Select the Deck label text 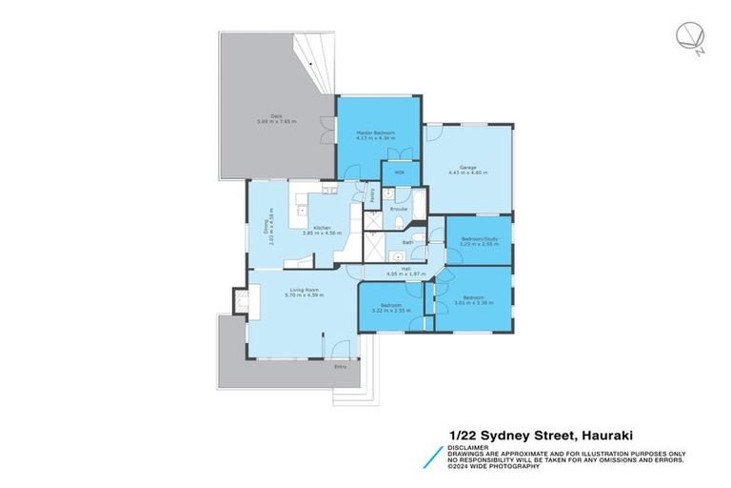(x=276, y=115)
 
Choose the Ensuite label (x=399, y=208)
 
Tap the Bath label (x=407, y=243)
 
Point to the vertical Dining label (x=267, y=229)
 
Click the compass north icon (x=688, y=37)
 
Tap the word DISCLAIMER (x=467, y=445)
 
